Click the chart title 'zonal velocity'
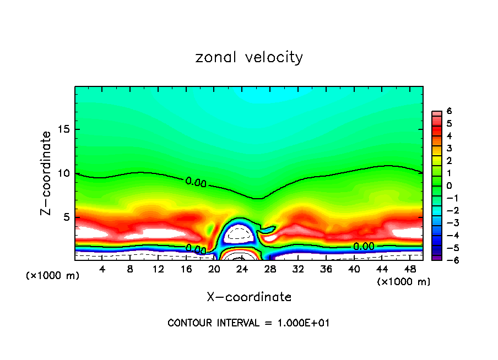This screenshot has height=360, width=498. tap(249, 57)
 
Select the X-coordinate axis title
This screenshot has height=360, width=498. tap(249, 297)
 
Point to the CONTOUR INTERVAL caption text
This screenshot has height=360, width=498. tap(248, 323)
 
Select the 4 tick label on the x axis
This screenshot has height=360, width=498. tap(102, 269)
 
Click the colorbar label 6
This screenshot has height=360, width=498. tap(450, 111)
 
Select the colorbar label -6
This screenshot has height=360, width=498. tap(448, 260)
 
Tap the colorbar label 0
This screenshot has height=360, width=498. tap(450, 186)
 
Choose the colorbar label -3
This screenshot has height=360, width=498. tap(448, 223)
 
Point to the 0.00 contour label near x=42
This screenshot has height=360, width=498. tap(364, 246)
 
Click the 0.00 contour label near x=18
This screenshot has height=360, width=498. tap(196, 249)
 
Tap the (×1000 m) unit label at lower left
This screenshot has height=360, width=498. tap(52, 275)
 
